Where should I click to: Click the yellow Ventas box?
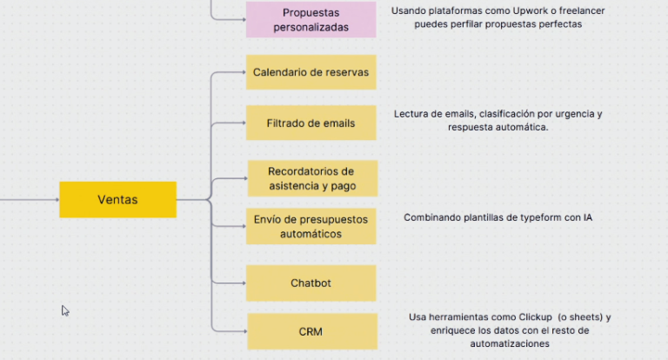[x=117, y=200]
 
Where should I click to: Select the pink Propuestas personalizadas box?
[x=311, y=19]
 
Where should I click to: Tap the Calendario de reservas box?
[x=311, y=72]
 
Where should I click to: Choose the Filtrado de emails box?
[x=311, y=123]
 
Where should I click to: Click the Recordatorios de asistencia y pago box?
[x=311, y=178]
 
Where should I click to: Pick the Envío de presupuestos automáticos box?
[x=311, y=227]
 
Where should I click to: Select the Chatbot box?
[x=311, y=283]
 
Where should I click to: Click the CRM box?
[x=311, y=331]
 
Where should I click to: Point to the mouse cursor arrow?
[x=64, y=310]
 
